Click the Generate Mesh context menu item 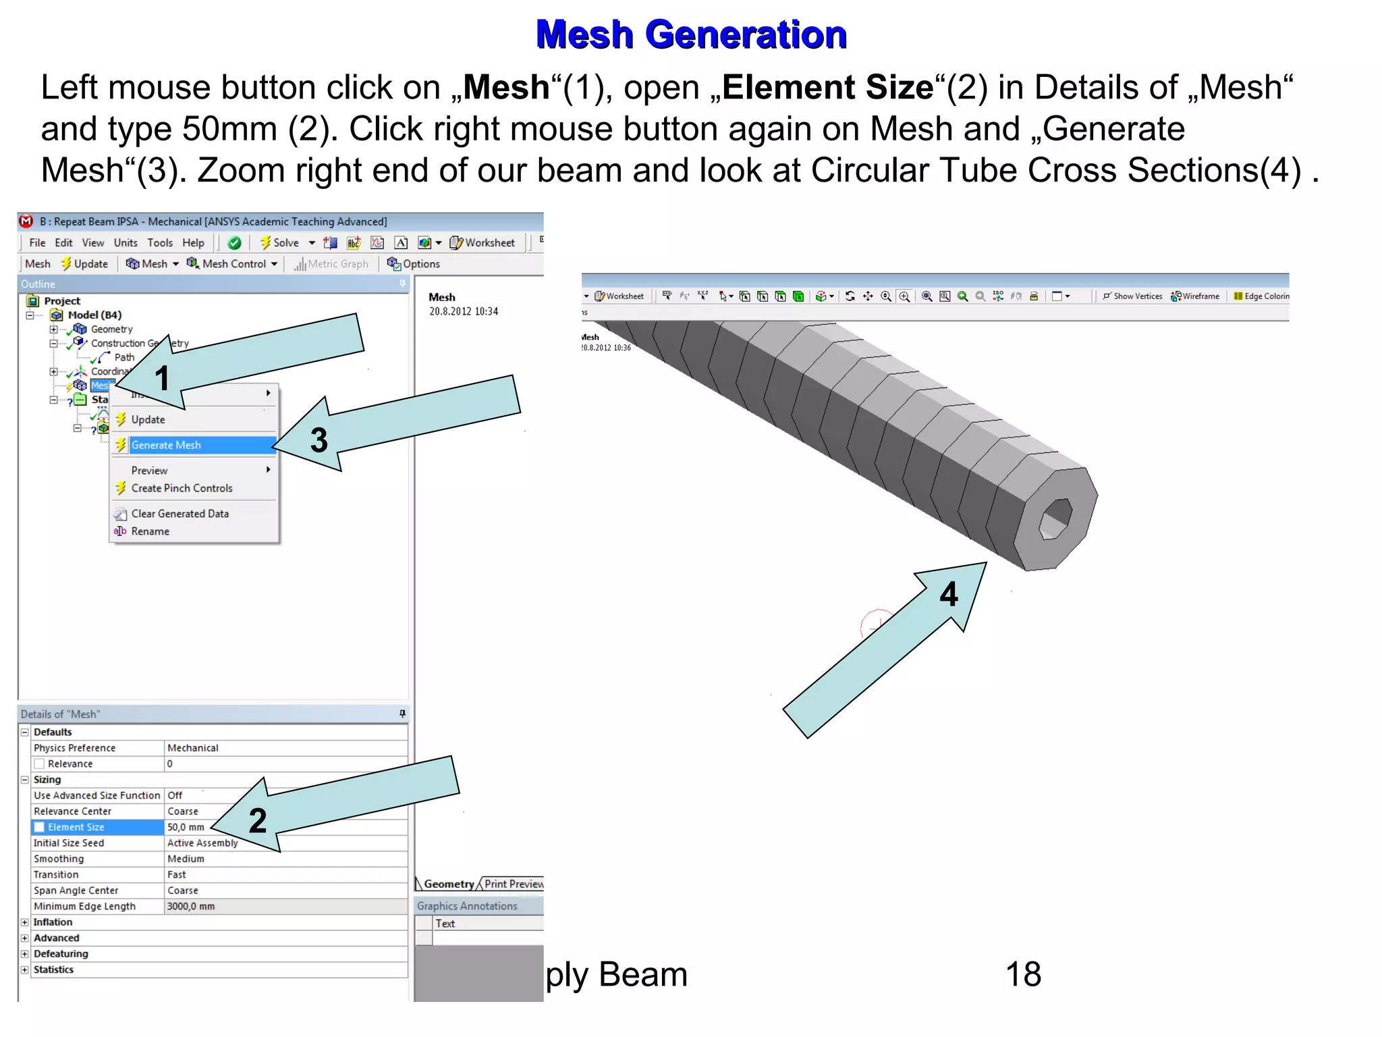tap(166, 445)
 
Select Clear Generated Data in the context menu tap(179, 514)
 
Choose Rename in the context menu tap(150, 531)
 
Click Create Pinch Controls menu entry tap(182, 488)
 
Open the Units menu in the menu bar tap(126, 243)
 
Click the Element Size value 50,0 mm tap(186, 827)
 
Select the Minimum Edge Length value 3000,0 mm tap(191, 906)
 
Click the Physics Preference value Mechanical tap(193, 748)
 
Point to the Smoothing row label tap(59, 859)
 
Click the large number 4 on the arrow tap(949, 594)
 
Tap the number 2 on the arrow tap(258, 820)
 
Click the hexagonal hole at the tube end tap(1055, 519)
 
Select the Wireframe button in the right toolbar tap(1196, 296)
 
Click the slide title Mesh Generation tap(691, 35)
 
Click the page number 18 tap(1023, 974)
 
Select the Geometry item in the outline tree tap(111, 329)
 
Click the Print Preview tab tap(514, 884)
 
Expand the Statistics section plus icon tap(25, 969)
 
